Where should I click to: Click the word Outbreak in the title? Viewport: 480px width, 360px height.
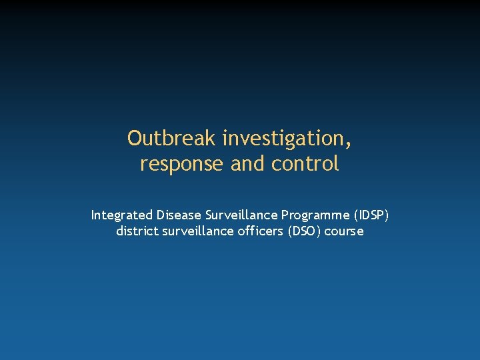[x=172, y=139]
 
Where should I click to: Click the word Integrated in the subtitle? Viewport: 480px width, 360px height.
[x=121, y=215]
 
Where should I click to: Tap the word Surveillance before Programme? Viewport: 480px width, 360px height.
[x=241, y=215]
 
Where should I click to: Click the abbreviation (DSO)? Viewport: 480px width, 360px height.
[x=304, y=232]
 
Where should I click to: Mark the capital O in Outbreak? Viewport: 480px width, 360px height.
[x=135, y=139]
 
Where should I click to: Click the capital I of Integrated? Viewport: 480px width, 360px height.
[x=93, y=215]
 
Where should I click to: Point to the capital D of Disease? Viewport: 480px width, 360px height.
[x=160, y=215]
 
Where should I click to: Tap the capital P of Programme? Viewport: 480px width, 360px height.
[x=285, y=215]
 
